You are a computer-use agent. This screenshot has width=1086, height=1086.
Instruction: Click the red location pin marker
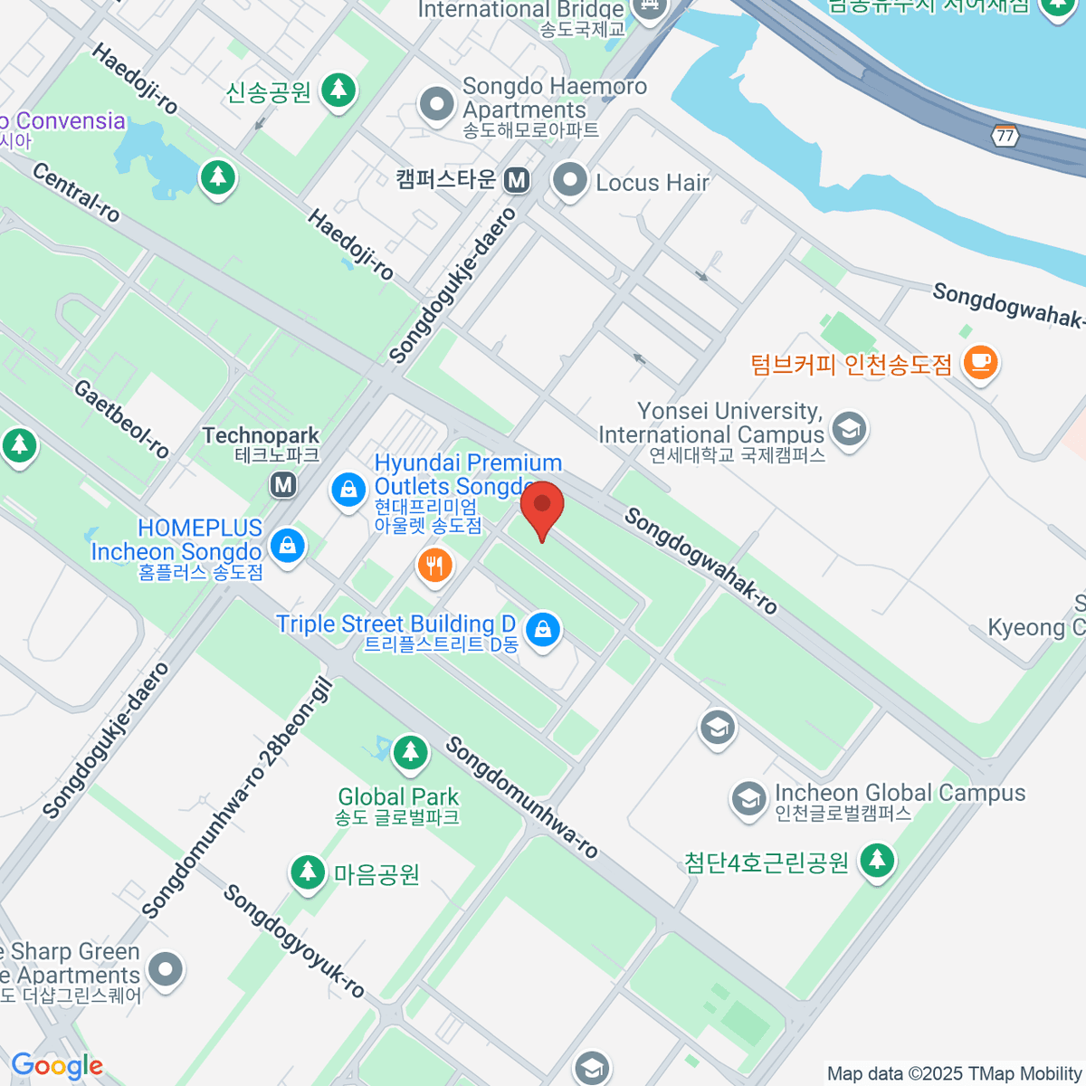[542, 507]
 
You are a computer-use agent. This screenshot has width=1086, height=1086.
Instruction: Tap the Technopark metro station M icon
[283, 484]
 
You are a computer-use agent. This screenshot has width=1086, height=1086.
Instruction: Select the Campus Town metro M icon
[517, 180]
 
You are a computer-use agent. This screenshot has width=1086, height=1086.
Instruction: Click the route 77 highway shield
[1005, 136]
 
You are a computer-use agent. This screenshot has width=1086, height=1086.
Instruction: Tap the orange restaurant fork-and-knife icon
[434, 567]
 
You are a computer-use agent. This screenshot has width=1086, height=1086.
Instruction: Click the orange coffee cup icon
[980, 364]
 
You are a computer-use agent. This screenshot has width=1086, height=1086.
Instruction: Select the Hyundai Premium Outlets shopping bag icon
[348, 490]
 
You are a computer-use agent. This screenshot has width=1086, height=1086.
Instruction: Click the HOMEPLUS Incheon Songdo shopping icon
[287, 546]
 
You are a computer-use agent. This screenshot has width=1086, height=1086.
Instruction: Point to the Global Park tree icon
[410, 751]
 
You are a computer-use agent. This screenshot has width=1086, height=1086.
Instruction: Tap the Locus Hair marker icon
[570, 181]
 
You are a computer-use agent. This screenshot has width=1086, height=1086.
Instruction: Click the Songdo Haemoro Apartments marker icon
[437, 105]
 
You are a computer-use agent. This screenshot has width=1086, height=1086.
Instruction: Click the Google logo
[57, 1066]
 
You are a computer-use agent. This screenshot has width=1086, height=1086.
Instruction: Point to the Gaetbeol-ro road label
[121, 419]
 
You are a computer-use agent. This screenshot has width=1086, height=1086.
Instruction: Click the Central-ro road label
[76, 192]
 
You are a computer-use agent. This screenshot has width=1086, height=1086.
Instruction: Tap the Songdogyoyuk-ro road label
[293, 941]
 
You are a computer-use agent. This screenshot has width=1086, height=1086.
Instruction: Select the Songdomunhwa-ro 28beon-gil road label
[239, 798]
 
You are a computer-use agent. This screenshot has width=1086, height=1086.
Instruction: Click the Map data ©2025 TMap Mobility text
[954, 1074]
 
